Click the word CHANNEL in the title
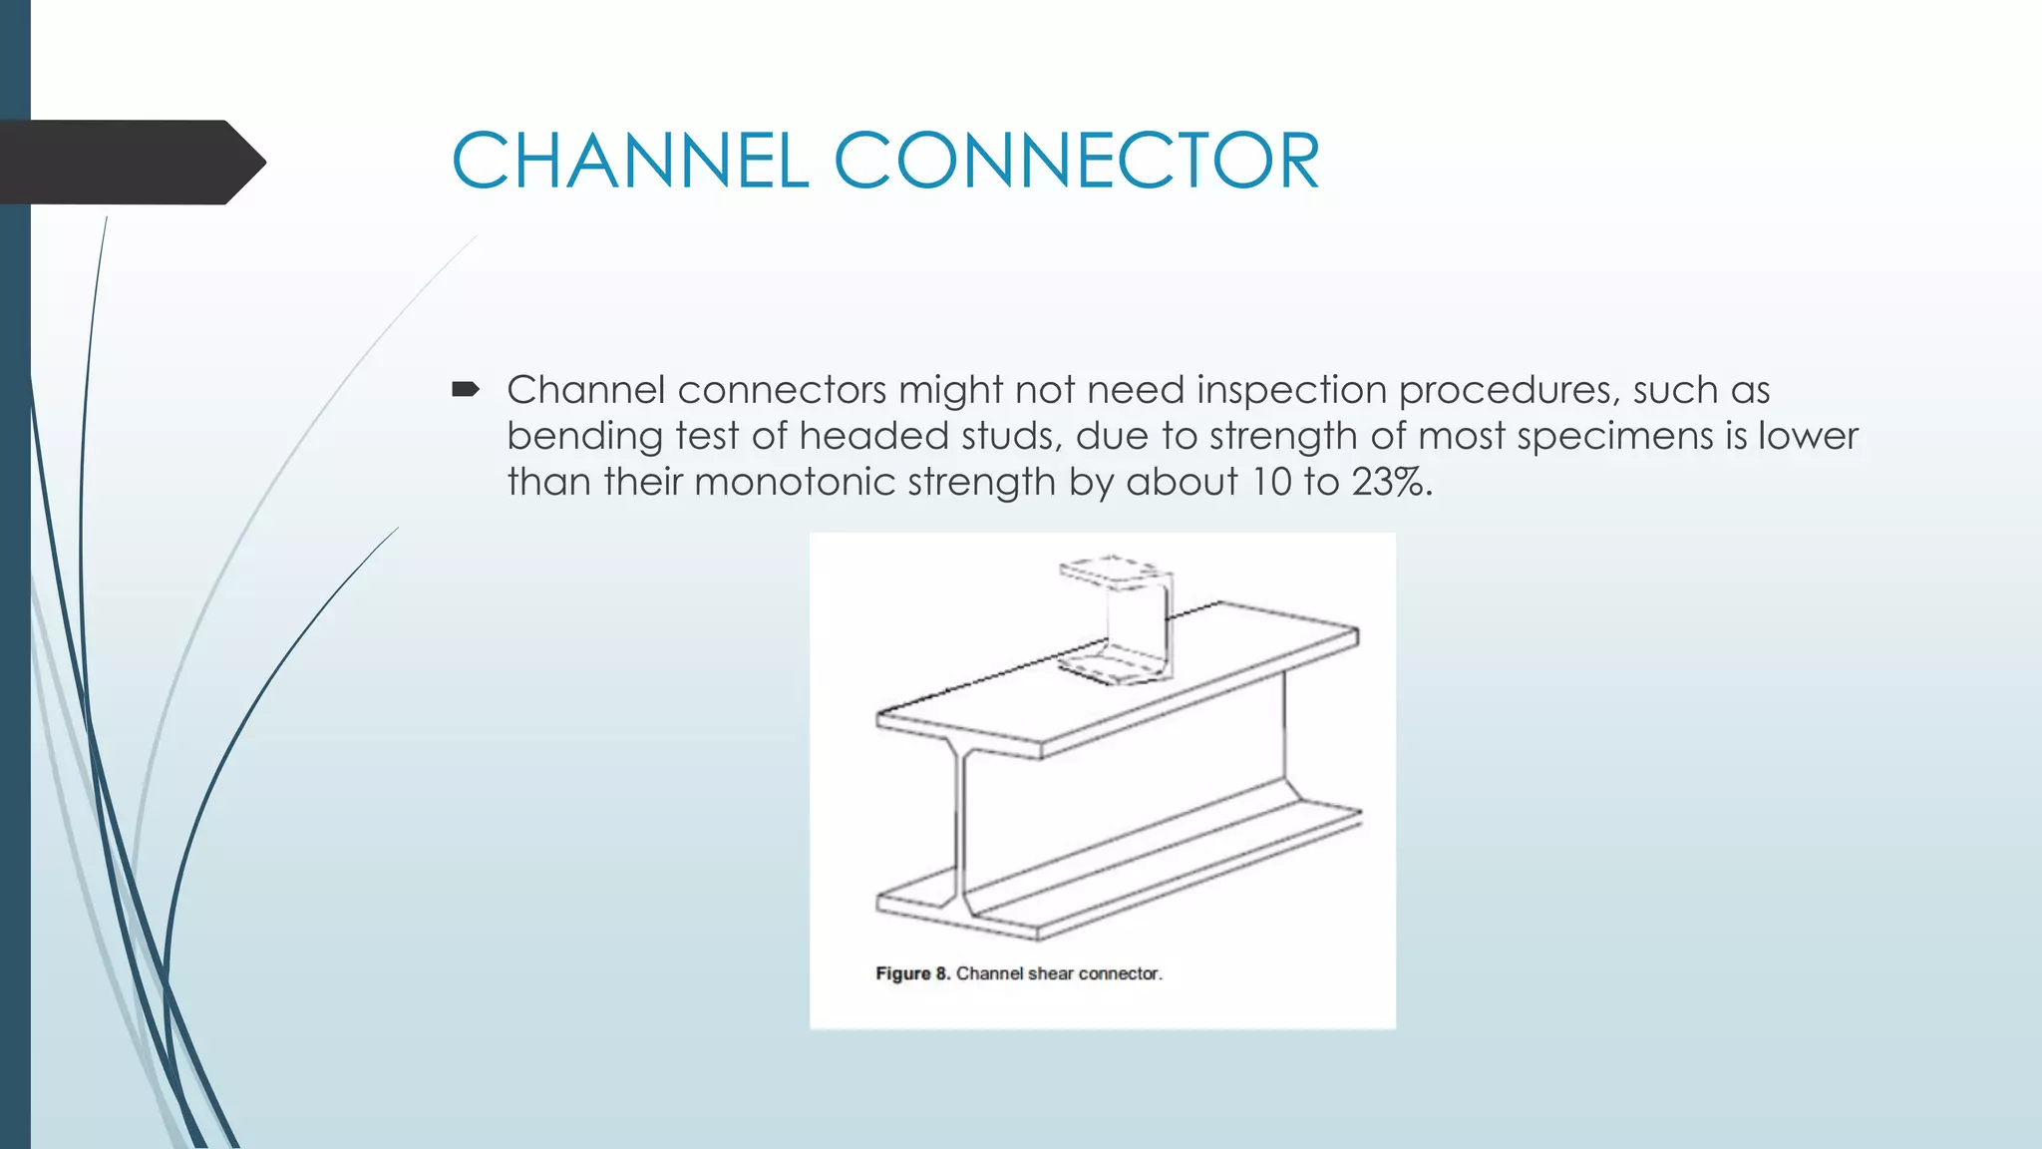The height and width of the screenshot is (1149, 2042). point(630,161)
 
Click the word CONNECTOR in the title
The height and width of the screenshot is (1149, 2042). point(1077,161)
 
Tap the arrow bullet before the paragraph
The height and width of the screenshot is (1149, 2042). point(466,389)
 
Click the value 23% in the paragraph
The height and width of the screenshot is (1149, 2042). point(1389,482)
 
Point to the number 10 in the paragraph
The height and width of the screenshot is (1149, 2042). point(1271,482)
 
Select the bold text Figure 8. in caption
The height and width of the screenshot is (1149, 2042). point(912,973)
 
